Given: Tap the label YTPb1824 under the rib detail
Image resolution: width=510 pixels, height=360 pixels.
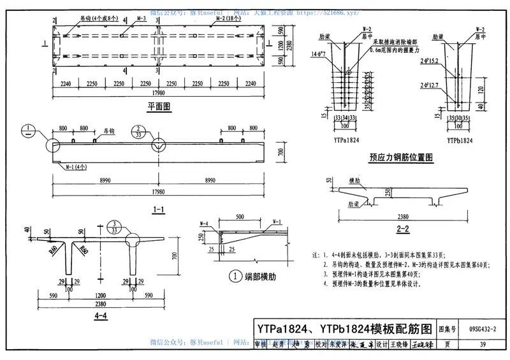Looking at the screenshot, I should click(x=458, y=140).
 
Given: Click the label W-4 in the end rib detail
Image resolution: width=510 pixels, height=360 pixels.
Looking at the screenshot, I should click(x=205, y=223).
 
